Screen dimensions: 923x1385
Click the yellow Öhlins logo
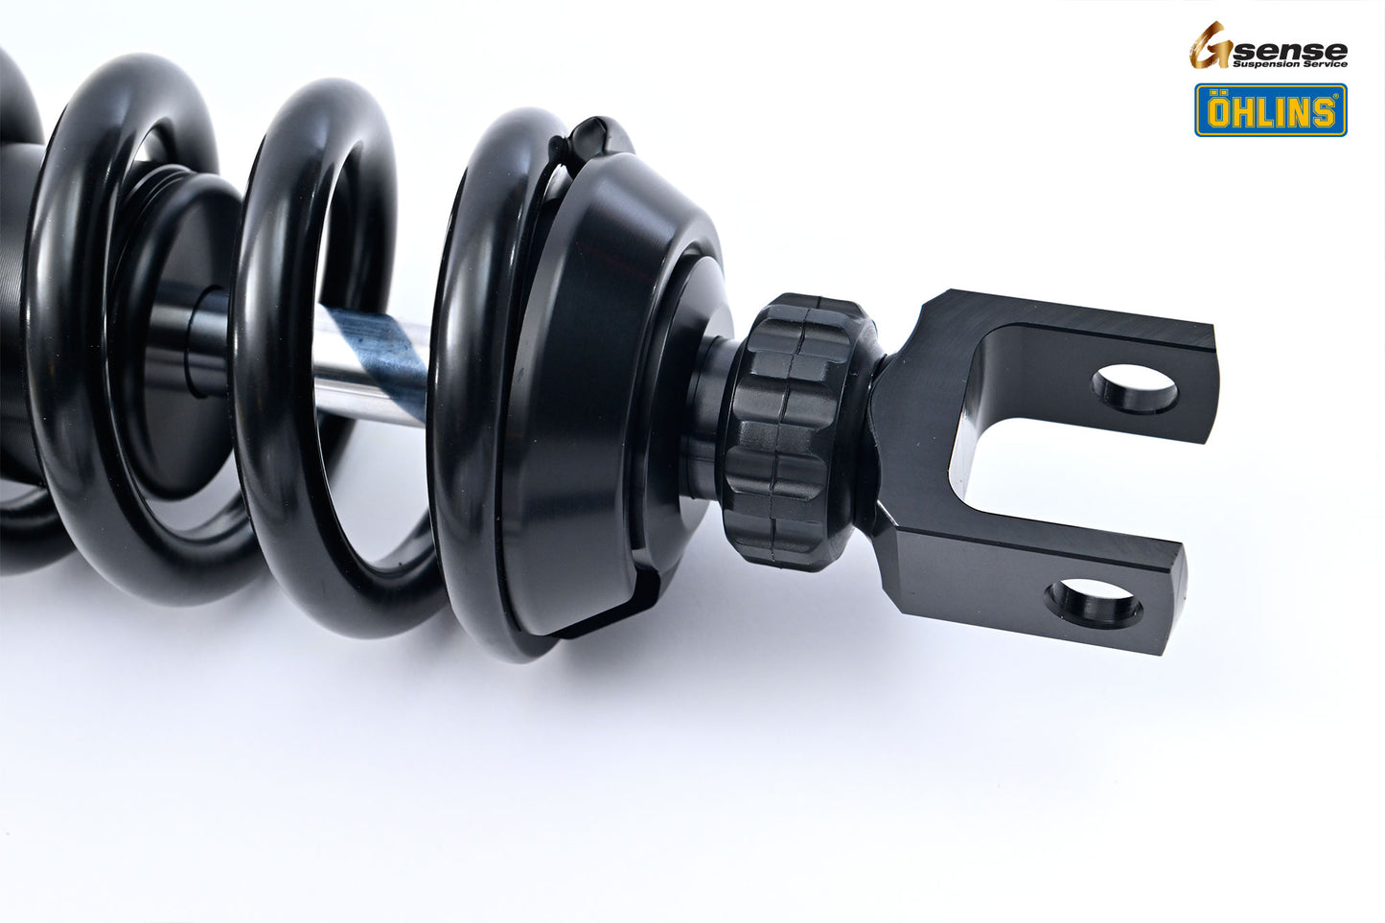click(x=1270, y=110)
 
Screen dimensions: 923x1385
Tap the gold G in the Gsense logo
click(x=1210, y=46)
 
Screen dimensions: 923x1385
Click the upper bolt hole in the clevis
click(x=1135, y=389)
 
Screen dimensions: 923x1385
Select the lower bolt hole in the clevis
click(x=1094, y=603)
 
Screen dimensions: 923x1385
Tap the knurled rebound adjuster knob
click(x=786, y=431)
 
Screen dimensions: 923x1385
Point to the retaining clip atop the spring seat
click(x=585, y=139)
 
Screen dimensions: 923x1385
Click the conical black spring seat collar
click(x=613, y=383)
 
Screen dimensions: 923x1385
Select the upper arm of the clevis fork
click(x=1073, y=335)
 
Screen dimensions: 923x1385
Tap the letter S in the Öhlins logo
click(x=1324, y=113)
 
